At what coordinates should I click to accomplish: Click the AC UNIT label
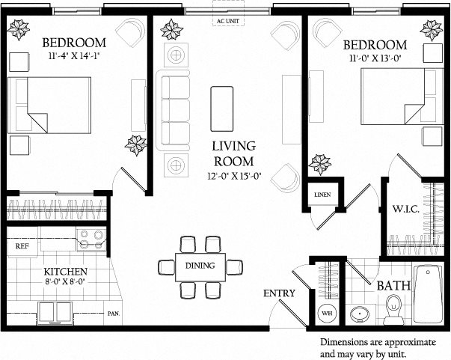(227, 22)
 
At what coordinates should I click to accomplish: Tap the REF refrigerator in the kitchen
(22, 245)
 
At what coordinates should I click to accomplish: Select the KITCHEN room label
(65, 271)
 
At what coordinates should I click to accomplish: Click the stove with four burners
(93, 240)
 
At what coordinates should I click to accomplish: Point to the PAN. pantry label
(114, 314)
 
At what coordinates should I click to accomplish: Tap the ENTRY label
(279, 293)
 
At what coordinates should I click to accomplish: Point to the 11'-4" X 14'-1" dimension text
(74, 56)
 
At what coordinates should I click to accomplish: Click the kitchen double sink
(55, 310)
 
